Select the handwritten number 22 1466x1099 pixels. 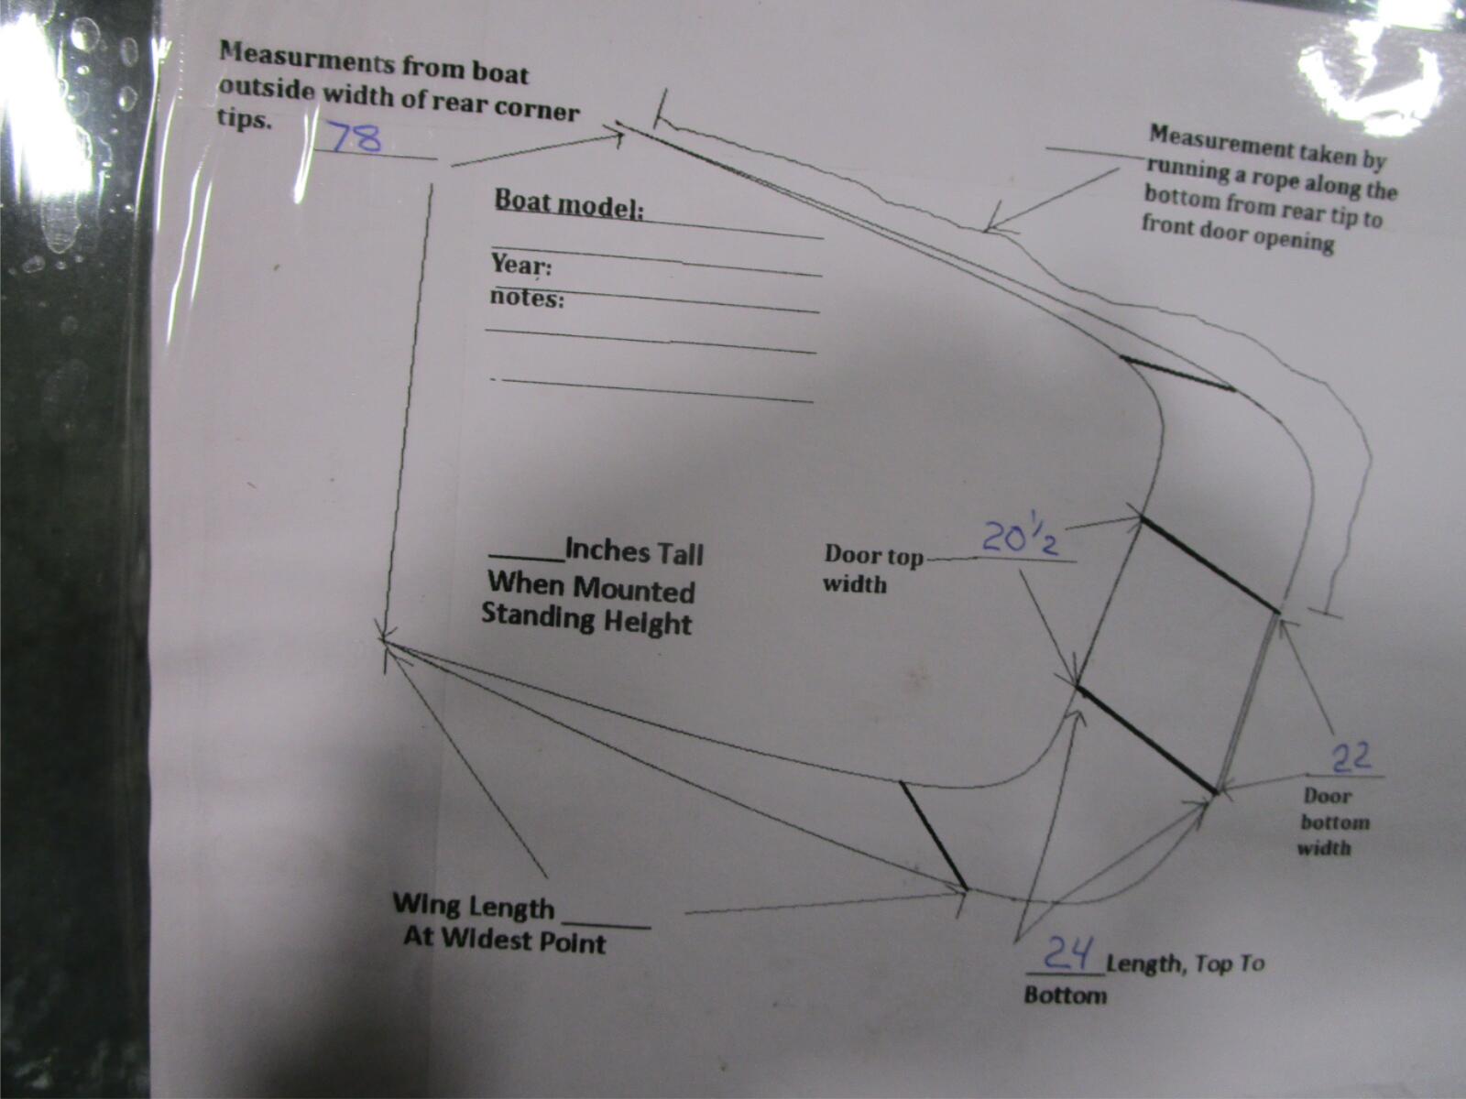1351,757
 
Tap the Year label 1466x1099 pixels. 521,265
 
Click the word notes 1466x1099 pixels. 527,298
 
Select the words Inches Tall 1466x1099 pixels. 634,553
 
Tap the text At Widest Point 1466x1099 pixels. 504,940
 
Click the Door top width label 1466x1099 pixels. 873,569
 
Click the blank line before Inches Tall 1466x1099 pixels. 527,558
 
